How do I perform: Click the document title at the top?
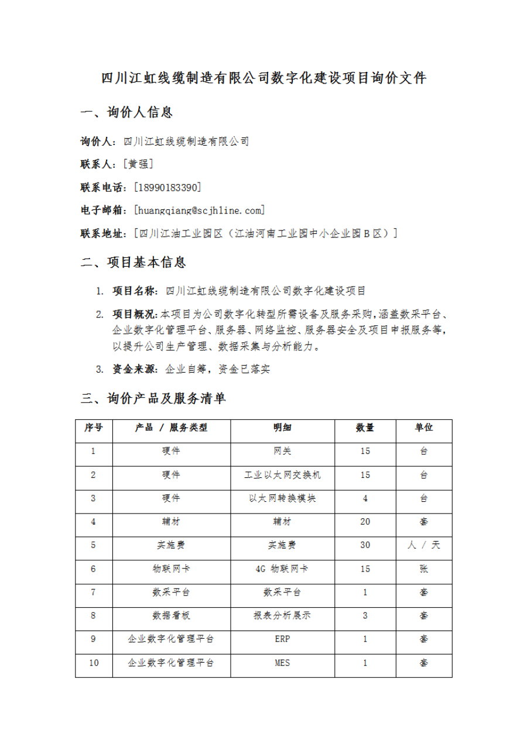(x=263, y=78)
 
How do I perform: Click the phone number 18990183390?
(x=167, y=187)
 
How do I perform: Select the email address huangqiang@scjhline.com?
(x=199, y=210)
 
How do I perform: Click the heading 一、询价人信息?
(x=126, y=112)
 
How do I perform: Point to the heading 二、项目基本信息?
(x=133, y=263)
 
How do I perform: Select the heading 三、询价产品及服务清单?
(x=153, y=399)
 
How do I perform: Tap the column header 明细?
(x=282, y=428)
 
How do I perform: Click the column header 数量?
(x=365, y=428)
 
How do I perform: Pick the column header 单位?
(x=424, y=428)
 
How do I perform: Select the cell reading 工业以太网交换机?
(x=282, y=475)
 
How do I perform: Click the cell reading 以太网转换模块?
(x=282, y=498)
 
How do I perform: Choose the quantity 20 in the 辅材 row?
(x=365, y=522)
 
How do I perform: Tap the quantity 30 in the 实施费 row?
(x=365, y=545)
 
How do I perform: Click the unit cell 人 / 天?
(x=424, y=545)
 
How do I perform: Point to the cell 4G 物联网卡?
(x=282, y=569)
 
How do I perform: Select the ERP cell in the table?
(x=282, y=639)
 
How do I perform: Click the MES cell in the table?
(x=282, y=663)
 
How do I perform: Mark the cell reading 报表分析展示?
(x=282, y=615)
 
